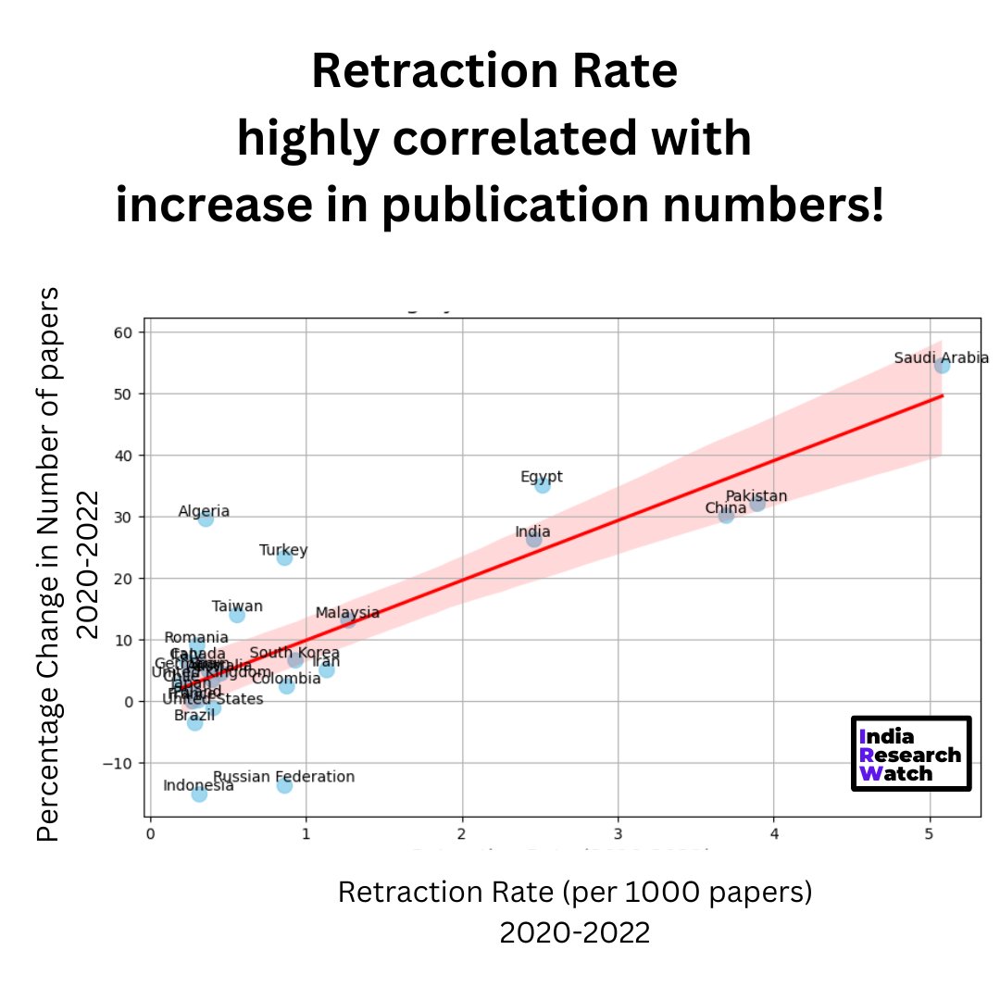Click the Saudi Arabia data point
(x=942, y=366)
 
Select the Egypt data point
(x=542, y=484)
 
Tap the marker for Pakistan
(x=757, y=503)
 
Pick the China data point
(x=726, y=515)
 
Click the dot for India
(x=533, y=539)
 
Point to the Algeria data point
(x=206, y=519)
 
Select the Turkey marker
(x=284, y=557)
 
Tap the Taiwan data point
(x=236, y=615)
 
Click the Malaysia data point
(x=348, y=619)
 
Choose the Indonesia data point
(x=199, y=794)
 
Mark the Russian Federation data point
(x=284, y=785)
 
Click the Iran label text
(x=326, y=661)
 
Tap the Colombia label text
(x=286, y=678)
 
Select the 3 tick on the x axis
(x=618, y=833)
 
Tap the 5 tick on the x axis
(x=930, y=833)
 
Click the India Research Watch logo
(x=910, y=754)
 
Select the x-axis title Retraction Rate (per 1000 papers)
(x=574, y=893)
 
